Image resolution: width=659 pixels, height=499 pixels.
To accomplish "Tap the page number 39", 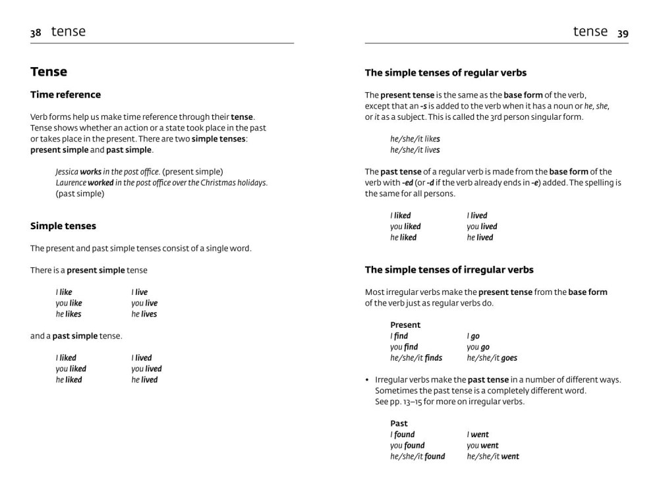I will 623,34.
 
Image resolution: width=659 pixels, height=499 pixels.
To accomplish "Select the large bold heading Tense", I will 49,72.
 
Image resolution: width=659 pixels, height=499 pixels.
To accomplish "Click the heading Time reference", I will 65,95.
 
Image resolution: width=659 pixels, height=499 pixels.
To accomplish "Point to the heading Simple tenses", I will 63,226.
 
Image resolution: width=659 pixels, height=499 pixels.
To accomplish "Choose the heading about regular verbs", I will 445,73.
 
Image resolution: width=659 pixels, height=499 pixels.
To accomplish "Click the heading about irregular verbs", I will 449,270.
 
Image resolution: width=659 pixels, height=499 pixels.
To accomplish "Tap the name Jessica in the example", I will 67,172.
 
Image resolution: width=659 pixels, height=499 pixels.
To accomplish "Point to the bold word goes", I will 509,358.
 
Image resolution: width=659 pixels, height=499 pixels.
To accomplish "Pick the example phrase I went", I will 478,434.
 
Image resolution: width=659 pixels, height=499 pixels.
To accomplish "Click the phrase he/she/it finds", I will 416,358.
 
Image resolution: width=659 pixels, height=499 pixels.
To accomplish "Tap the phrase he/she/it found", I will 417,456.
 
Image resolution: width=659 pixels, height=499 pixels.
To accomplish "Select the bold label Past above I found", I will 399,423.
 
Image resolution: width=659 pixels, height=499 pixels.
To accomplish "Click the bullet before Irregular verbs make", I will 367,380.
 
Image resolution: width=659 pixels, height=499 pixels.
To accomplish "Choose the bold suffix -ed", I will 407,183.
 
